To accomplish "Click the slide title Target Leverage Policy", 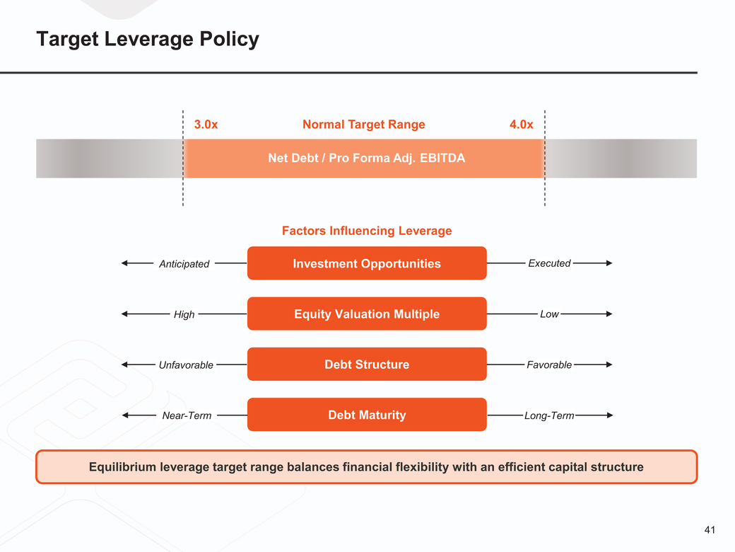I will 148,39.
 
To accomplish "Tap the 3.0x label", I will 206,125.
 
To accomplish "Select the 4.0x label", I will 521,125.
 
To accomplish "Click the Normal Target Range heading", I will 363,125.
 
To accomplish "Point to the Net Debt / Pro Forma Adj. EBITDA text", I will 366,158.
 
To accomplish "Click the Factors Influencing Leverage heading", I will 366,231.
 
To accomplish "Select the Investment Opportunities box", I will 366,263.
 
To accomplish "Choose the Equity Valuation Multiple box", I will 366,314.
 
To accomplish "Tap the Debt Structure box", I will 366,364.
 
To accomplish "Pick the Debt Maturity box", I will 366,415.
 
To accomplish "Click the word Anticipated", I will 184,264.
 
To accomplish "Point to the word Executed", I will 549,263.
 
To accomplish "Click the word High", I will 184,314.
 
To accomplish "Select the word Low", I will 549,314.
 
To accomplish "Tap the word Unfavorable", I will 186,365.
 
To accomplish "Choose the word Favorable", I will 549,364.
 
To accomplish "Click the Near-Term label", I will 187,415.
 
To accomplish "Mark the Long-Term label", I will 549,415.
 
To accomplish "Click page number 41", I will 710,529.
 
